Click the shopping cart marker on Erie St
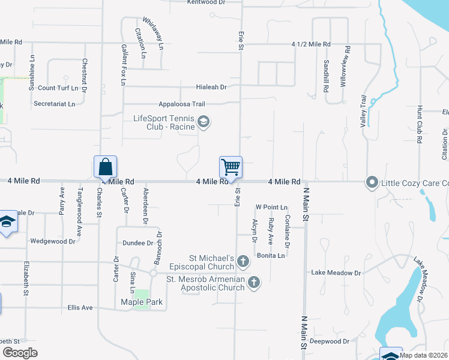(x=231, y=167)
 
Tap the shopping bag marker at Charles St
(x=105, y=166)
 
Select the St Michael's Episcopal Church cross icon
(x=243, y=261)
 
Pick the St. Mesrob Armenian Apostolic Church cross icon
(x=254, y=282)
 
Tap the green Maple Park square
(x=142, y=298)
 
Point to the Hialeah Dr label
(x=211, y=87)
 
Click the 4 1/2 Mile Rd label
(x=311, y=44)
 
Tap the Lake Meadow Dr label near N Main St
(x=336, y=272)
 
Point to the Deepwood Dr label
(x=330, y=341)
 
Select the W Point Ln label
(x=271, y=207)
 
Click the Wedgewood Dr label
(x=53, y=241)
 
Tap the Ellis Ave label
(x=80, y=307)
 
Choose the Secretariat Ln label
(x=55, y=104)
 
